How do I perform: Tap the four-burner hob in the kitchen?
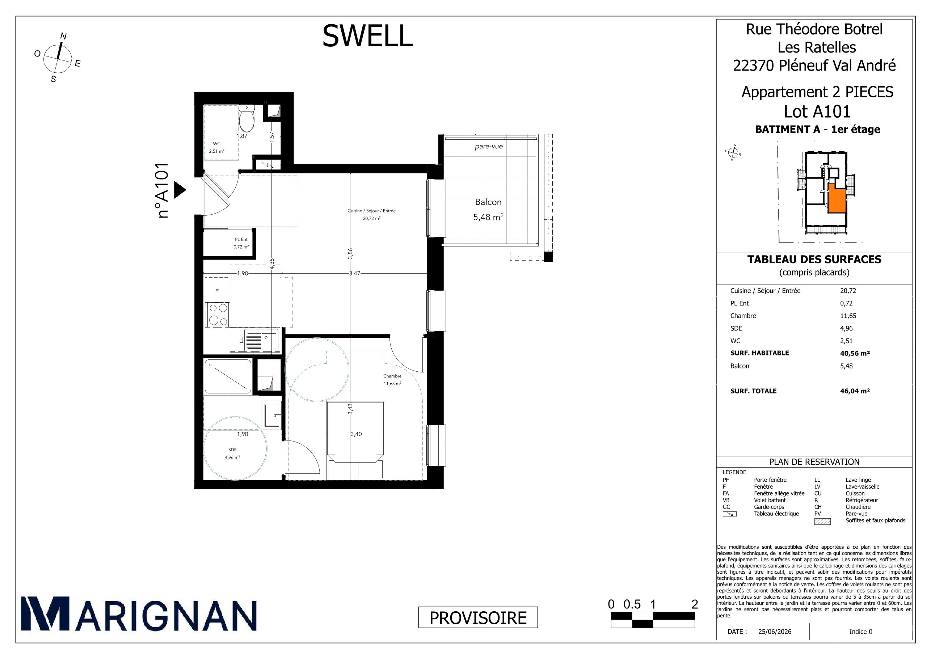[218, 315]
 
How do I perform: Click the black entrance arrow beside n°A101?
[180, 190]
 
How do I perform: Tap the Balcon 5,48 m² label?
[488, 210]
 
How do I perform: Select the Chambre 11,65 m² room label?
[392, 379]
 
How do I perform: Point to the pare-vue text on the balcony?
[489, 146]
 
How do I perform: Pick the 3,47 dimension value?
[354, 274]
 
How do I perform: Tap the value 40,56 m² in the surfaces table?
[855, 353]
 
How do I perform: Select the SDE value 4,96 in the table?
[846, 328]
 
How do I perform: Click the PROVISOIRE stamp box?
[478, 617]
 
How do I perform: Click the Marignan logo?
[139, 613]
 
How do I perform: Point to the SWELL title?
[367, 36]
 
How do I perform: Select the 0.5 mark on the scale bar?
[632, 604]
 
